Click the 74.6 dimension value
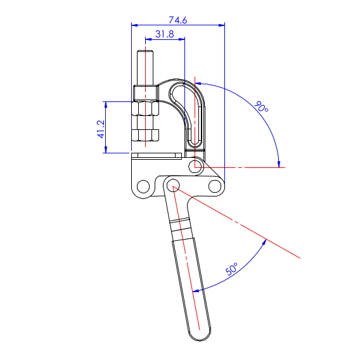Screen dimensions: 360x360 point(178,20)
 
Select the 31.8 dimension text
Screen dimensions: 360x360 point(165,34)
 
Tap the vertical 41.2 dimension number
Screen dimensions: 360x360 point(101,129)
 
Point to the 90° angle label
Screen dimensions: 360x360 point(261,106)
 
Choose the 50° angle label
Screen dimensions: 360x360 point(232,269)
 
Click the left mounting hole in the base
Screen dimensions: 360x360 point(143,186)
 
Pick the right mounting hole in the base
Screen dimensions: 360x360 point(215,186)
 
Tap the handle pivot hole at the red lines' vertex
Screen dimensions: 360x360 point(173,185)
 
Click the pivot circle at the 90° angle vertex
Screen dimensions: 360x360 point(196,167)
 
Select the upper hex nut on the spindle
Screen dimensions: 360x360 point(145,108)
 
